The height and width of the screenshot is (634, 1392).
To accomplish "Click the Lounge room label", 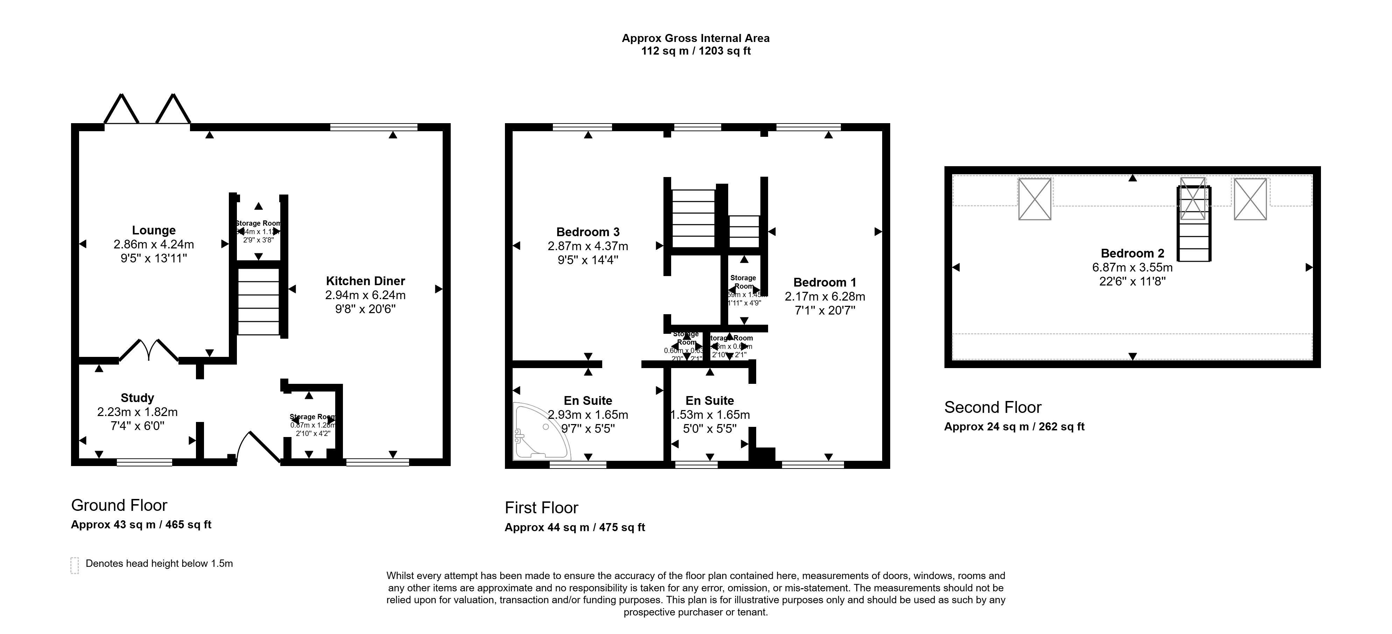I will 154,231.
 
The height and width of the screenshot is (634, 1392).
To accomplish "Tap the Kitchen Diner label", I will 365,281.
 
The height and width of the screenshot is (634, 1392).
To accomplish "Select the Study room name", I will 137,398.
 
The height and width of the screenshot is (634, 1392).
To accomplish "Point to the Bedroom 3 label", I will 588,232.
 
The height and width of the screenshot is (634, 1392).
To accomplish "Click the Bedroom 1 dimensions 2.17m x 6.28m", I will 825,296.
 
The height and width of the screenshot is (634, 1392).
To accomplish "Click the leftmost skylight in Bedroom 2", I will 1034,199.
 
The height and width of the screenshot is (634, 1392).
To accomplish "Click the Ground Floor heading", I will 119,505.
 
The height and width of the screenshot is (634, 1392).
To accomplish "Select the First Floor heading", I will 541,508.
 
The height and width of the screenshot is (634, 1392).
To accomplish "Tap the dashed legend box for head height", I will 75,564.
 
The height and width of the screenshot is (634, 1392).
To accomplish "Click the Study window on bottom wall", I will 144,462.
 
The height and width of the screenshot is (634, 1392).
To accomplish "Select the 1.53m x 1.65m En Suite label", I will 710,415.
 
